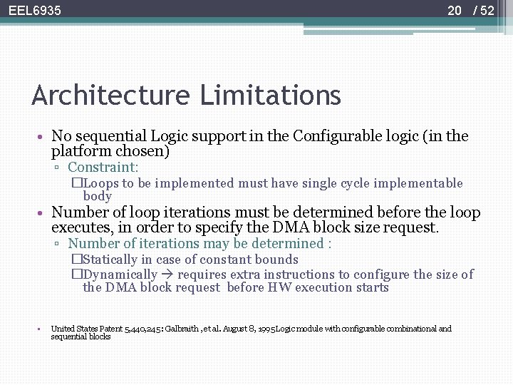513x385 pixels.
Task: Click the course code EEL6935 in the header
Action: pos(35,11)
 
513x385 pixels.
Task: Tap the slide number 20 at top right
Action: pos(455,11)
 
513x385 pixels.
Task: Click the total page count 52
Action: pos(487,11)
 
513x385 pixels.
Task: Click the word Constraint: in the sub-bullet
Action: pos(103,167)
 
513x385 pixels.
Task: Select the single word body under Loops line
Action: pos(97,196)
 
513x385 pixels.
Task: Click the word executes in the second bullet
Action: pos(79,228)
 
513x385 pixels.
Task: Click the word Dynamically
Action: pos(120,274)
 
